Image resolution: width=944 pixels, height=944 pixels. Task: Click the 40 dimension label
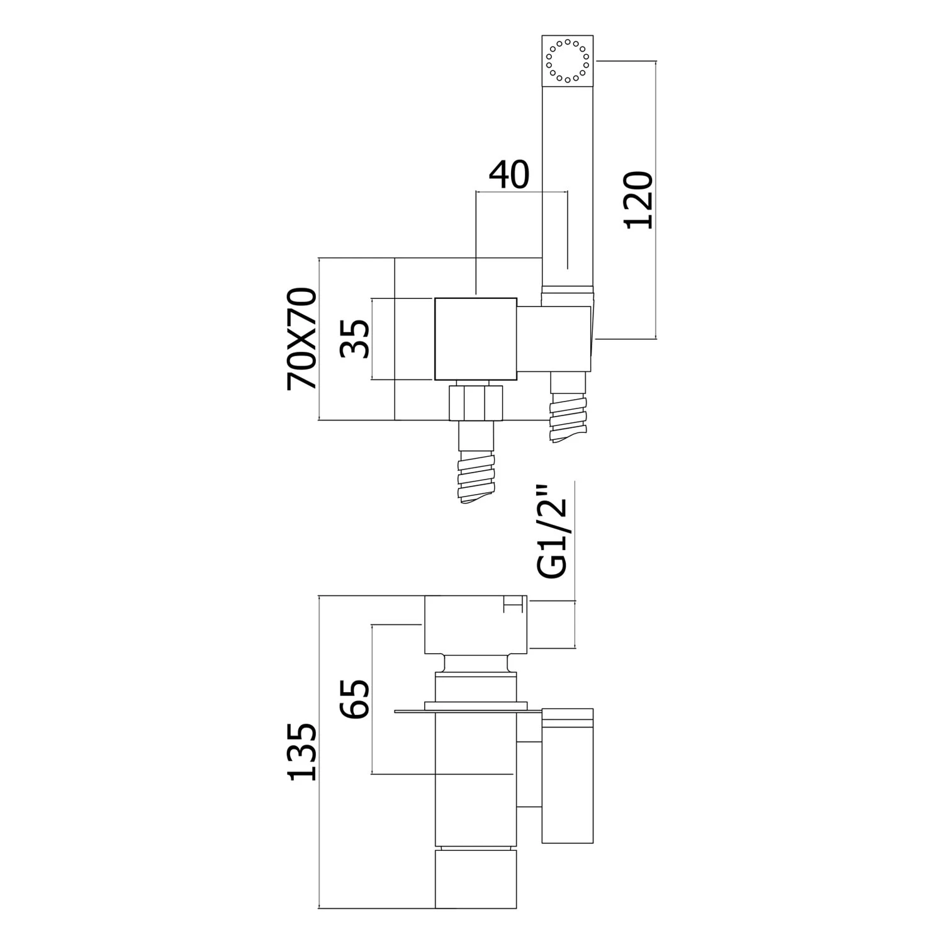(x=510, y=176)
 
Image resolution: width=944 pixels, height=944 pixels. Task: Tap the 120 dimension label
(x=637, y=200)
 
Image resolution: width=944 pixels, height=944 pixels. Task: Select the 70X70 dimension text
(x=301, y=339)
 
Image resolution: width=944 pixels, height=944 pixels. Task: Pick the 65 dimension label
(x=354, y=699)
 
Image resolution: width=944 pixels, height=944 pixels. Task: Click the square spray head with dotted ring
(x=568, y=62)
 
